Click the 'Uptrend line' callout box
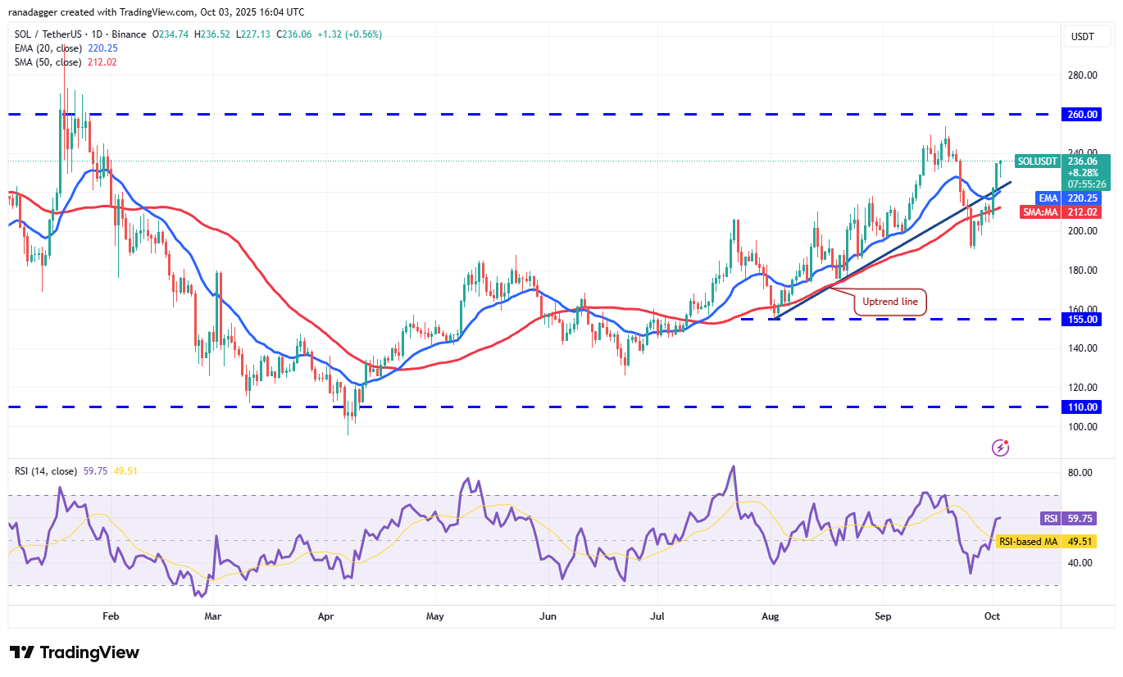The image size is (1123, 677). (890, 302)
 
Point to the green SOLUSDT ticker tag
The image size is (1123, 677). (1037, 161)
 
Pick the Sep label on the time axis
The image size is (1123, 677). (882, 615)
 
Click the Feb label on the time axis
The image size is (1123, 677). (111, 615)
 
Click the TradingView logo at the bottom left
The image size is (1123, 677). (75, 652)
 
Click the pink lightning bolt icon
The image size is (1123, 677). (1000, 448)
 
